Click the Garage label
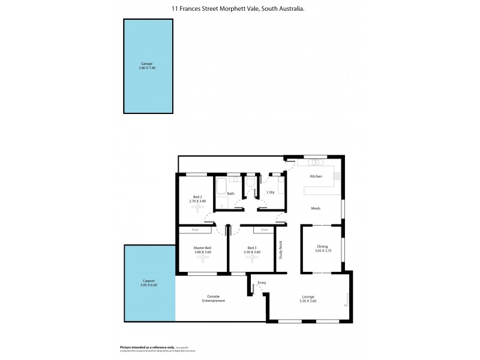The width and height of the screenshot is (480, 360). coord(146,63)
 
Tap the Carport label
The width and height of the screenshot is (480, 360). coord(149,281)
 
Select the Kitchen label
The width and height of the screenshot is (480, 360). coord(316,176)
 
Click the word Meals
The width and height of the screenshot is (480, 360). coord(316,208)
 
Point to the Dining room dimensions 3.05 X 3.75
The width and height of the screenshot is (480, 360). coord(322,250)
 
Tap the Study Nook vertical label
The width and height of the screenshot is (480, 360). coord(280,250)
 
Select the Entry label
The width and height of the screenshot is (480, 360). coord(262,283)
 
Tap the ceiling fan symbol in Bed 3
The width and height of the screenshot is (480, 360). coord(252,259)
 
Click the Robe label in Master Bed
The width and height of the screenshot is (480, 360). coord(195,230)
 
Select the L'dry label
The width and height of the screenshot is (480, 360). coord(271,193)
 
